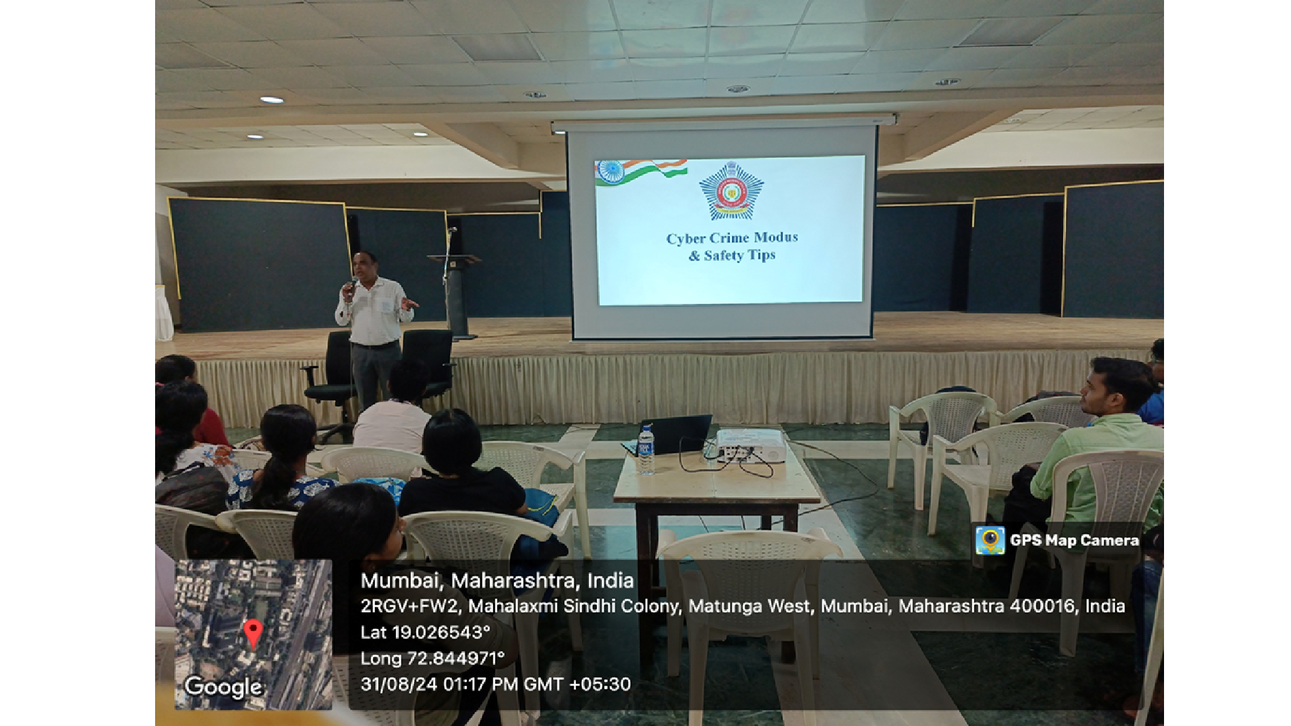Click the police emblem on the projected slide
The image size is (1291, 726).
point(731,191)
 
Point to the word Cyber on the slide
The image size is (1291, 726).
point(686,239)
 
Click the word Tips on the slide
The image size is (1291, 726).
point(761,255)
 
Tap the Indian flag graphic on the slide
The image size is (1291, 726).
point(641,171)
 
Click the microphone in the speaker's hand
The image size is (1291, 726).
point(353,285)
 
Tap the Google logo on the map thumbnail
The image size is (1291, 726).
point(224,687)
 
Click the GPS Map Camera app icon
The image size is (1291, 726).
point(990,541)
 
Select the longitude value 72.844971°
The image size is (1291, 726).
point(456,658)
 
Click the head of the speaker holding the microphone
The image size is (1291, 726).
point(364,265)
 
